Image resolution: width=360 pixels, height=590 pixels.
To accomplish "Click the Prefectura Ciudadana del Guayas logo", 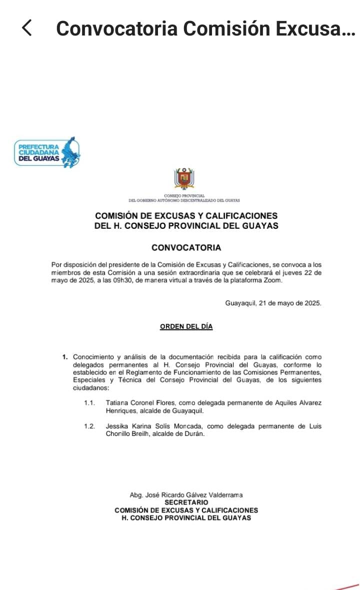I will (x=47, y=152).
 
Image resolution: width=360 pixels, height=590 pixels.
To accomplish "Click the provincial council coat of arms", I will (x=184, y=179).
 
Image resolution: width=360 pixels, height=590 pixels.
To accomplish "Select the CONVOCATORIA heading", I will (x=186, y=248).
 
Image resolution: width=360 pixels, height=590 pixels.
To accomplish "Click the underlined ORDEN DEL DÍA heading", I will (x=186, y=326).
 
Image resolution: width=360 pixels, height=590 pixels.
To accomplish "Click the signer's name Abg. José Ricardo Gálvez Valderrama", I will (x=186, y=495).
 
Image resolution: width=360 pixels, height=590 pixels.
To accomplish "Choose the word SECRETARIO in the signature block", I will (x=186, y=502).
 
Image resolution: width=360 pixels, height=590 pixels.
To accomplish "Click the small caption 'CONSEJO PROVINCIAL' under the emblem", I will (x=184, y=196).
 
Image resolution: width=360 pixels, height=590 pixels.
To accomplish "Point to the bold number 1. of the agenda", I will (x=65, y=357).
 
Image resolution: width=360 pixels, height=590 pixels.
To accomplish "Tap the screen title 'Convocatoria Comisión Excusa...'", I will (x=205, y=29).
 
